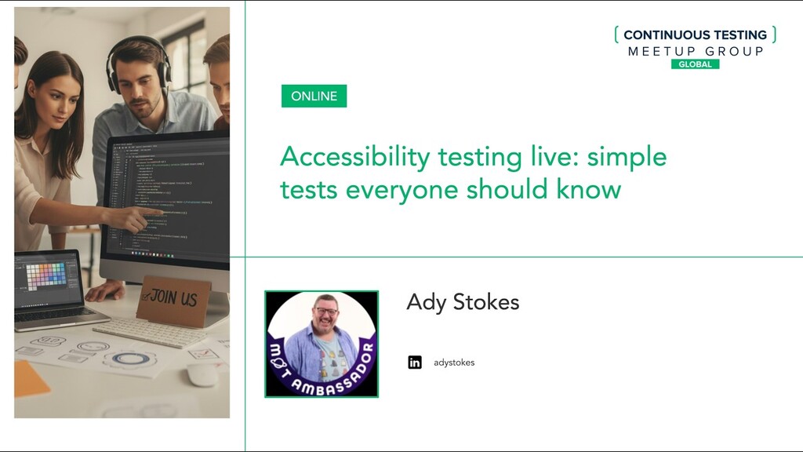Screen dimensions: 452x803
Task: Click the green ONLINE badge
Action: pyautogui.click(x=314, y=97)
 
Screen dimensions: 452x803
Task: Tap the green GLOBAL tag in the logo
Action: pyautogui.click(x=695, y=64)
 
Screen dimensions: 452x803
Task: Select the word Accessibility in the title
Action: pyautogui.click(x=355, y=157)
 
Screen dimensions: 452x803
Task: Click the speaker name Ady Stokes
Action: pyautogui.click(x=463, y=302)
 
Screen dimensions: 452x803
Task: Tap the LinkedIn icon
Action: pyautogui.click(x=415, y=363)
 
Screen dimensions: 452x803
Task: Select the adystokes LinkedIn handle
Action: pyautogui.click(x=454, y=363)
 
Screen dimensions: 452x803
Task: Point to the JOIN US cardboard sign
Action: pyautogui.click(x=173, y=300)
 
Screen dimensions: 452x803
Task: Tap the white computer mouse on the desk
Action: pyautogui.click(x=202, y=375)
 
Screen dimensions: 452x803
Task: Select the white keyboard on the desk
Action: pyautogui.click(x=149, y=334)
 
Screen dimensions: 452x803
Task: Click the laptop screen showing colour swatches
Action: pyautogui.click(x=47, y=279)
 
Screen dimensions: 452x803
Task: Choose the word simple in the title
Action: pyautogui.click(x=627, y=157)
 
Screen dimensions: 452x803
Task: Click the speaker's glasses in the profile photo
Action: pyautogui.click(x=325, y=312)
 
